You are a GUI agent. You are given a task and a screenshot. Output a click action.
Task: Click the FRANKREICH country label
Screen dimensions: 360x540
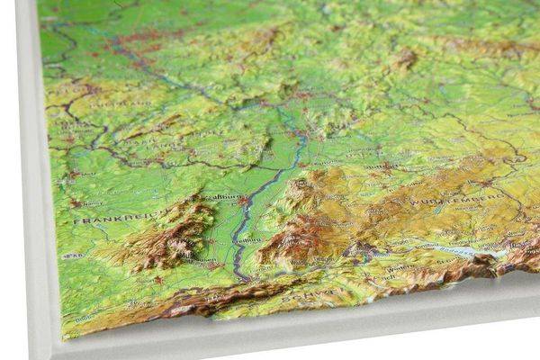tap(108, 219)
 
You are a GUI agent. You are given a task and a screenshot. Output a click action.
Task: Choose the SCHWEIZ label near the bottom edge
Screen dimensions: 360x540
tap(301, 294)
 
